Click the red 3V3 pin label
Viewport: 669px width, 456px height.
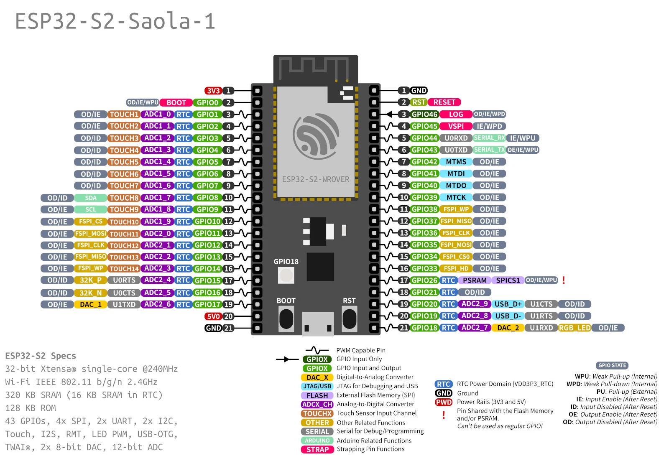(x=213, y=91)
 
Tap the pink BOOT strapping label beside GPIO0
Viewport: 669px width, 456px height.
(x=176, y=103)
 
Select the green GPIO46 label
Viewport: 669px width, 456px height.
(x=424, y=114)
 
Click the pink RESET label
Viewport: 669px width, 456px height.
(x=444, y=102)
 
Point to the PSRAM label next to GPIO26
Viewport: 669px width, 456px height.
(x=475, y=280)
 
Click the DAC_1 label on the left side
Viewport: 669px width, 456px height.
(x=91, y=305)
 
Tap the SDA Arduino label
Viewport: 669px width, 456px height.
(x=91, y=198)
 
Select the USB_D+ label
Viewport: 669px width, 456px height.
(x=508, y=304)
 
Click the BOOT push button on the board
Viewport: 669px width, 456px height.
(x=286, y=319)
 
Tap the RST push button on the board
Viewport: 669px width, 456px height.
(x=349, y=319)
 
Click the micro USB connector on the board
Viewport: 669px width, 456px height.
(x=318, y=324)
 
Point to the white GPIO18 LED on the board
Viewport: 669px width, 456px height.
(x=286, y=275)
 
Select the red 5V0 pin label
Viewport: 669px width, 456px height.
(x=213, y=316)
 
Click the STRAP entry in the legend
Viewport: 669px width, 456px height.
(x=317, y=450)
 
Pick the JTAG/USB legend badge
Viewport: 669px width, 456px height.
(x=317, y=387)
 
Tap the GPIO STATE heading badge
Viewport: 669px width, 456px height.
(x=612, y=366)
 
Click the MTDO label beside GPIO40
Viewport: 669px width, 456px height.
(x=456, y=186)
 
